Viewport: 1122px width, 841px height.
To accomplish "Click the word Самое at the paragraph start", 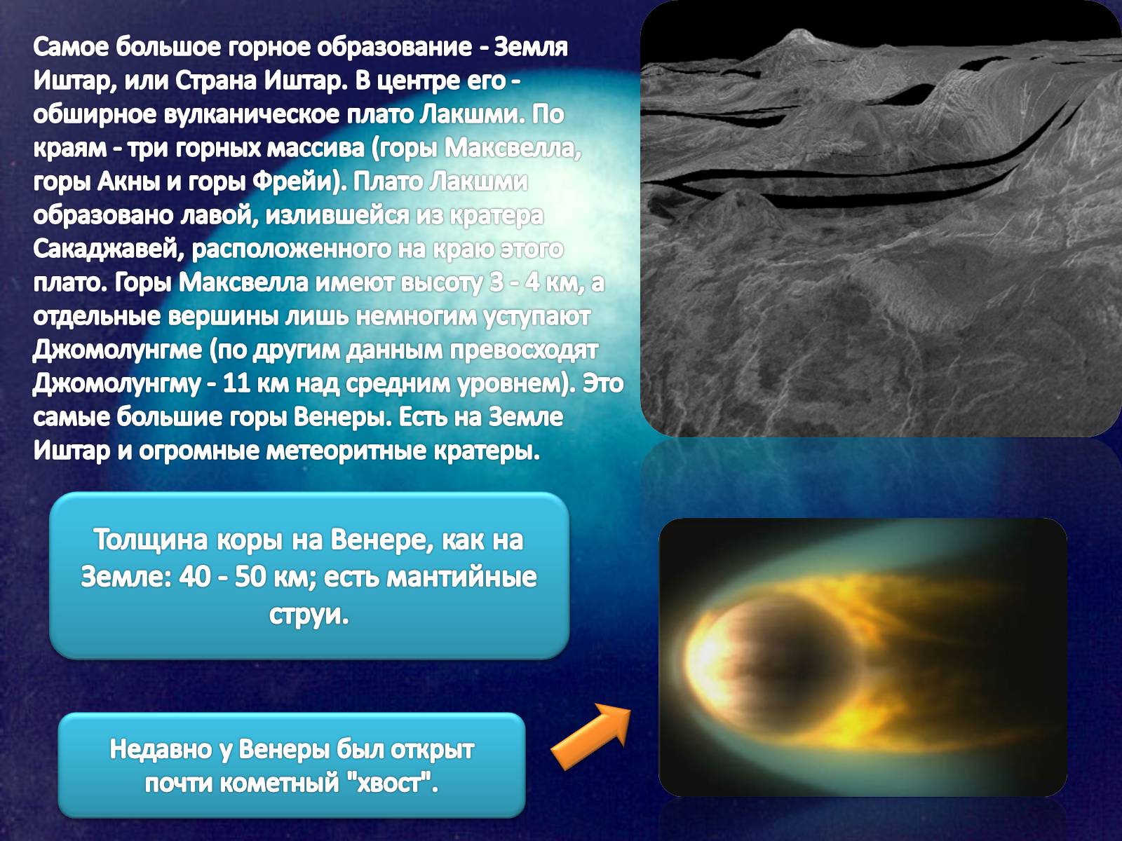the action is [71, 48].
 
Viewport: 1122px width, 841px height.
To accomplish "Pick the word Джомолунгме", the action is [118, 350].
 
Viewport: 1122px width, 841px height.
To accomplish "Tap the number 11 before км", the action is [236, 383].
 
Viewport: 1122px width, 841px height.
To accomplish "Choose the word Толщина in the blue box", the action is [150, 539].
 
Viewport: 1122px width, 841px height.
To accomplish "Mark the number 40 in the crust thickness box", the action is [194, 577].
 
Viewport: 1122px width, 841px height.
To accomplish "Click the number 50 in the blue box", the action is [250, 577].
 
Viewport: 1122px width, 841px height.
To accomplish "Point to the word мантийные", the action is [461, 577].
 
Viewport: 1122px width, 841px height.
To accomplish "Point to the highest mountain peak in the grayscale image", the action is [797, 31].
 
